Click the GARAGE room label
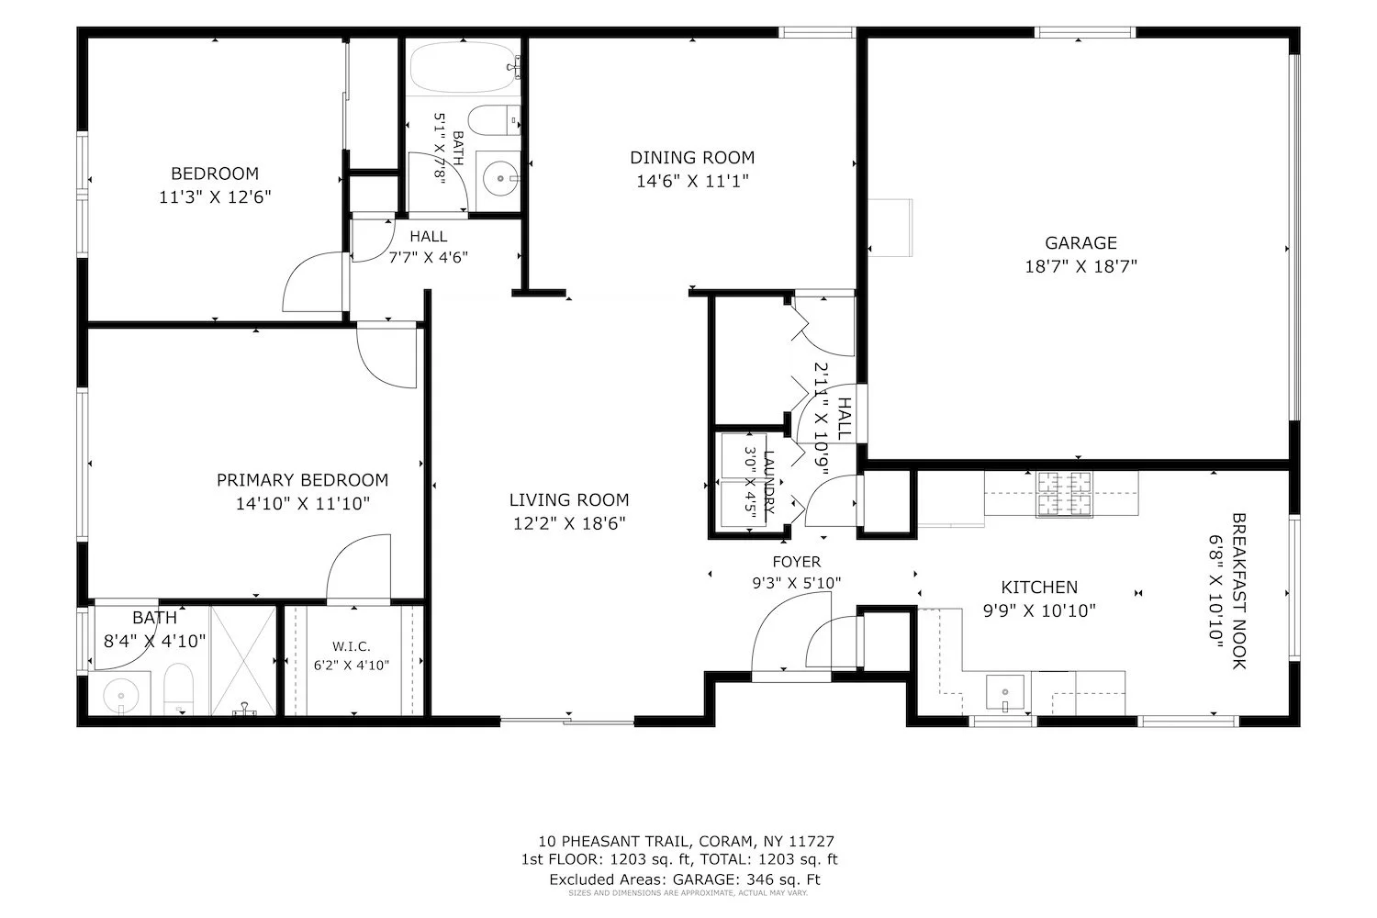[1080, 243]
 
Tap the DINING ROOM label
[692, 157]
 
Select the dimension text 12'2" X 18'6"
[569, 523]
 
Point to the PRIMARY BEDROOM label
[302, 479]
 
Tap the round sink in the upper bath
[499, 179]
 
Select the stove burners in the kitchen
[1064, 495]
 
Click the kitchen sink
[1005, 692]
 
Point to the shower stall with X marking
[243, 660]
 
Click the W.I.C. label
[352, 646]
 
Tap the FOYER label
[797, 562]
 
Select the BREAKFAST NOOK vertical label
[1238, 591]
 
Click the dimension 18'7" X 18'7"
[1080, 266]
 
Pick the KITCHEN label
[1039, 588]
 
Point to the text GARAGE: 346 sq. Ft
[746, 879]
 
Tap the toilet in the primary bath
[179, 688]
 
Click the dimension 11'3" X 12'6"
[215, 196]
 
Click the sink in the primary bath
[120, 695]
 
